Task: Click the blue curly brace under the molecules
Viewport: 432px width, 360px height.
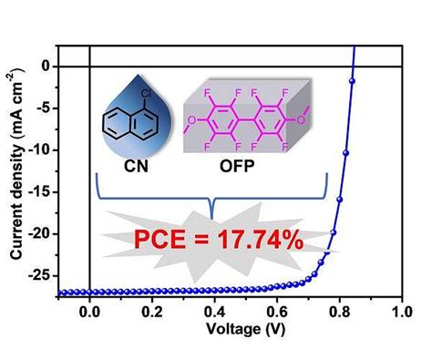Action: (x=211, y=196)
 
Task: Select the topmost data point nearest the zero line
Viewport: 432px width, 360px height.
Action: (x=351, y=81)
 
